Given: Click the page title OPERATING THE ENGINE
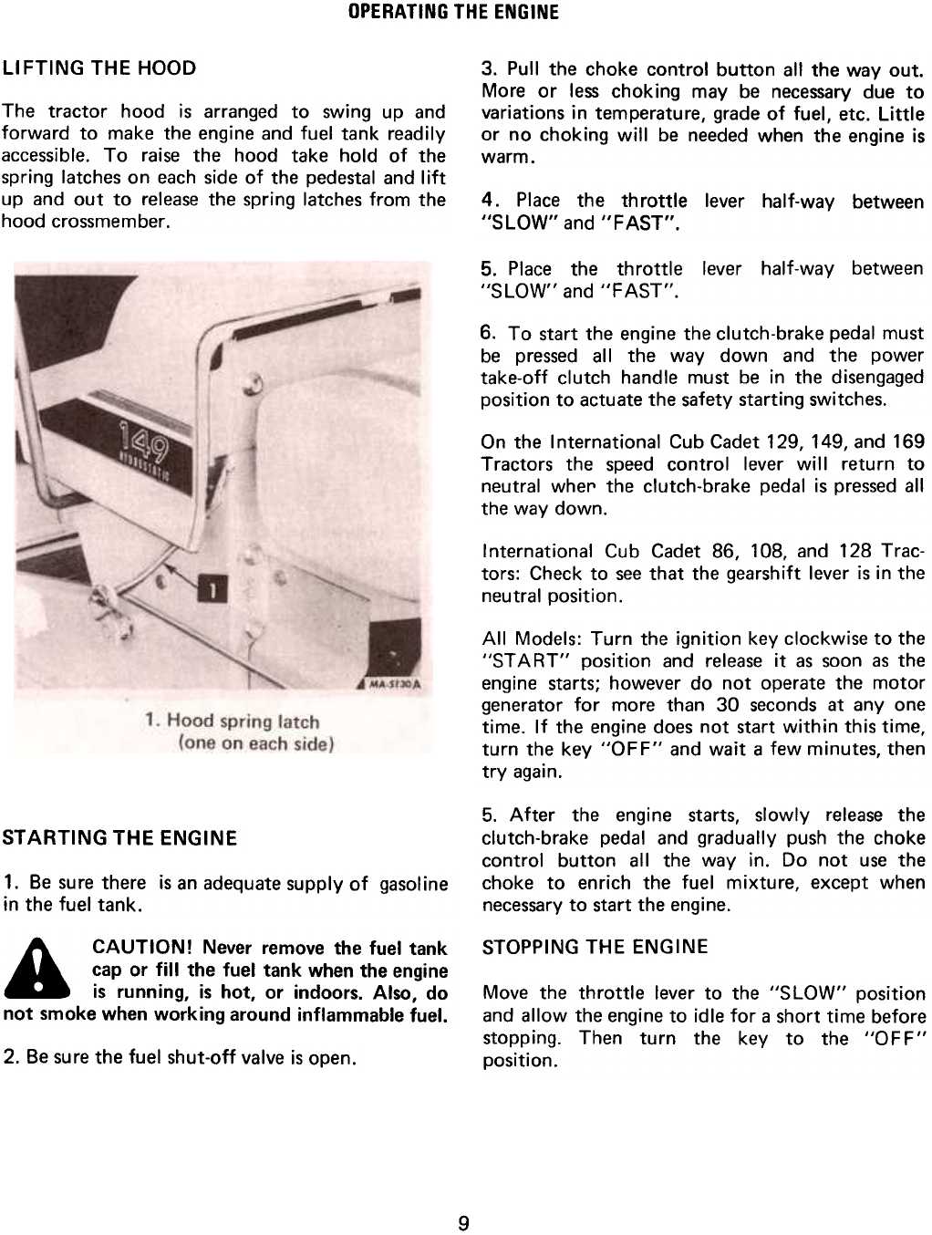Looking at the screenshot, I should coord(465,13).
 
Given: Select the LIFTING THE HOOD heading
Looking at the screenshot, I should coord(99,68).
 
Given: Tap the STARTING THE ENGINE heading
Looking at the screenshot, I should coord(120,837).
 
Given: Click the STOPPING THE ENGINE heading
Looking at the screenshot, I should coord(594,947).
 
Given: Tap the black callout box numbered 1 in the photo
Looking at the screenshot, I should coord(211,594).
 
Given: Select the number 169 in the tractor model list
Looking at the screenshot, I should coord(908,442).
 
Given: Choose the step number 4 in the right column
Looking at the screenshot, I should coord(489,200).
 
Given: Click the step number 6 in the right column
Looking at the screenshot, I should coord(488,331).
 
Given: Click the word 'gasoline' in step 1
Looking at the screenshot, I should coord(412,884).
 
